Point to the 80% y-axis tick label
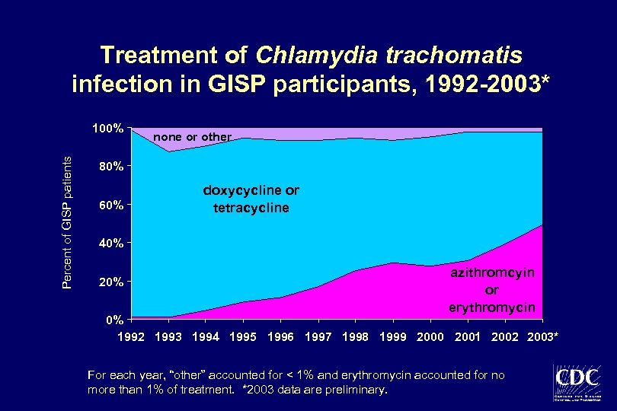110,167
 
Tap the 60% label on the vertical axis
110,205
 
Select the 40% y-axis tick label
110,244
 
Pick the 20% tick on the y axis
110,282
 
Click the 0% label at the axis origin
113,320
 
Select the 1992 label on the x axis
131,336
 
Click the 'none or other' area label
192,137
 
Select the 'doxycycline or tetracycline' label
251,199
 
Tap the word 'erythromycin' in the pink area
491,307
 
